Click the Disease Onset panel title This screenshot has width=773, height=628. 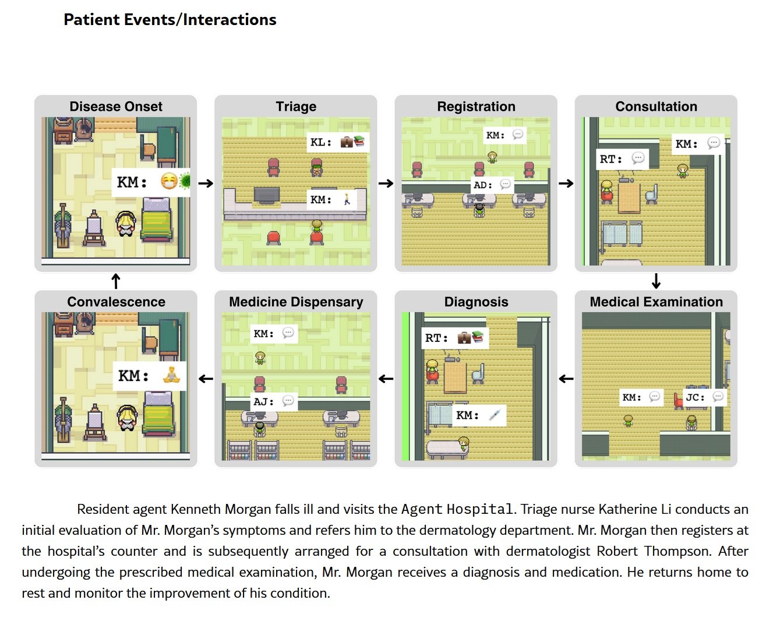pyautogui.click(x=116, y=107)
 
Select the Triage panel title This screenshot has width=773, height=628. pyautogui.click(x=296, y=107)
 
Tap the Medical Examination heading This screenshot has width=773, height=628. pyautogui.click(x=656, y=302)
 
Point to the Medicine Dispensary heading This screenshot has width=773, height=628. pyautogui.click(x=296, y=302)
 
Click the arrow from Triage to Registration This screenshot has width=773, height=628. pyautogui.click(x=386, y=184)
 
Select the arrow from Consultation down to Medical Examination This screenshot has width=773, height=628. pyautogui.click(x=656, y=281)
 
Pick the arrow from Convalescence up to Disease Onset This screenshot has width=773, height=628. pyautogui.click(x=116, y=281)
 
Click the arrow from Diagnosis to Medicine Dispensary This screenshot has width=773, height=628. pyautogui.click(x=386, y=379)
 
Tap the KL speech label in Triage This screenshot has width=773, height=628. pyautogui.click(x=321, y=142)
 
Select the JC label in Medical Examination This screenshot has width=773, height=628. pyautogui.click(x=695, y=397)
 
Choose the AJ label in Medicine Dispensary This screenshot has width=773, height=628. pyautogui.click(x=263, y=401)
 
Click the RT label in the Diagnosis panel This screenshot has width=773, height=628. pyautogui.click(x=436, y=338)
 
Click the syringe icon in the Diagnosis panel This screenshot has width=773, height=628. pyautogui.click(x=495, y=415)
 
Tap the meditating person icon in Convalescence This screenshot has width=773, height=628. pyautogui.click(x=172, y=375)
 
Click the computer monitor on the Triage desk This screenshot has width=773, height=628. pyautogui.click(x=266, y=195)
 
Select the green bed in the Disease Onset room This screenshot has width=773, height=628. pyautogui.click(x=157, y=221)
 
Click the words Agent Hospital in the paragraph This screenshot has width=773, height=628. pyautogui.click(x=457, y=509)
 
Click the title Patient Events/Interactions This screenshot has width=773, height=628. pyautogui.click(x=170, y=20)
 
